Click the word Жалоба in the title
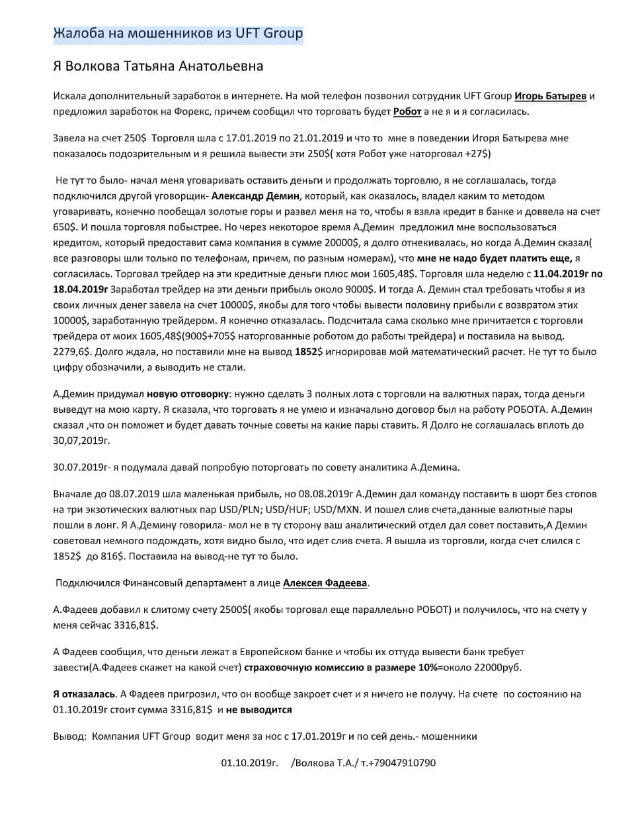[76, 34]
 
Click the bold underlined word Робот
[407, 112]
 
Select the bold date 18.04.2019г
[80, 289]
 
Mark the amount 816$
[108, 556]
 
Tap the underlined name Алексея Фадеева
[325, 583]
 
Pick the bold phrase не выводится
[258, 710]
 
